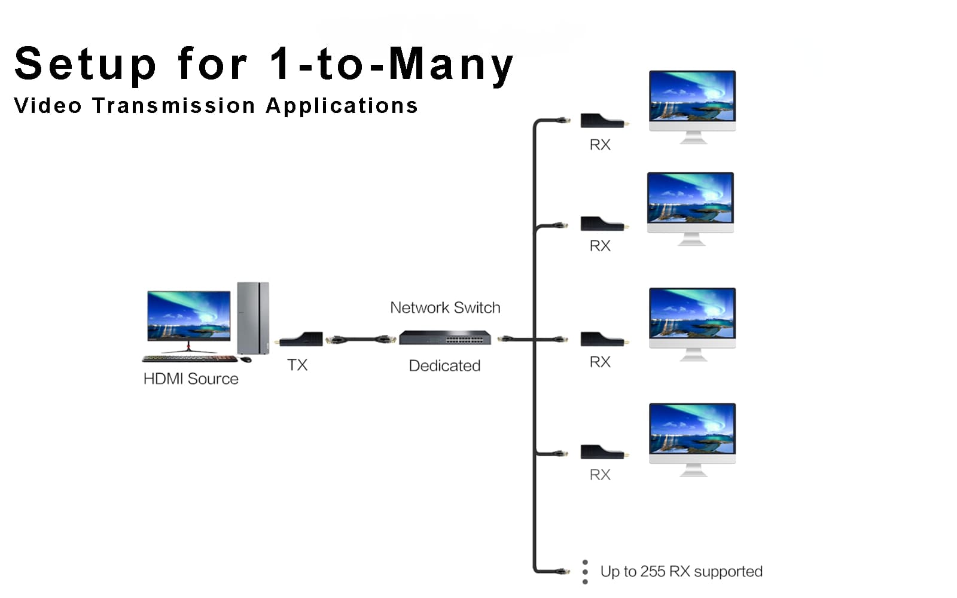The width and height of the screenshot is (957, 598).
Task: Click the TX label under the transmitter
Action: tap(297, 365)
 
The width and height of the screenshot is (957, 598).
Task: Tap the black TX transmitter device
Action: tap(301, 340)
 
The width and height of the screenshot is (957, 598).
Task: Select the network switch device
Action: tap(445, 338)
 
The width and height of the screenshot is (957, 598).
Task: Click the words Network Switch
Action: tap(445, 307)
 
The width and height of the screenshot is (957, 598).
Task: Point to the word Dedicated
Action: tap(444, 365)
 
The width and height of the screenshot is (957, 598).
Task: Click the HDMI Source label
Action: tap(191, 379)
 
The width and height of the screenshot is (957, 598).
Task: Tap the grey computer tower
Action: tap(253, 318)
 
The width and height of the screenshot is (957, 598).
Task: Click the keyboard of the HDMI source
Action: tap(189, 359)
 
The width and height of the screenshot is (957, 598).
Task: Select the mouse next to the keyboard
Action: tap(246, 359)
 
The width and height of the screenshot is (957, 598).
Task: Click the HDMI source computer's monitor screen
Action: tap(189, 315)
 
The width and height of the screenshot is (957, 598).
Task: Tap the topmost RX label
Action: tap(600, 145)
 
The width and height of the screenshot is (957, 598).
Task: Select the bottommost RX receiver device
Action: tap(601, 453)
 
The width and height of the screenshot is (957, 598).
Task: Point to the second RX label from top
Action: tap(600, 246)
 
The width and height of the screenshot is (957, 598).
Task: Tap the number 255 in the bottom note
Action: tap(653, 572)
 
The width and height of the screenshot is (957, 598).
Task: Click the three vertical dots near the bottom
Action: tap(585, 572)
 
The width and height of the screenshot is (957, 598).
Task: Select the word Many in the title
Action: tap(451, 64)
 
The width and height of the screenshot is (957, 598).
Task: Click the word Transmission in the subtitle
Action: tap(173, 106)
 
